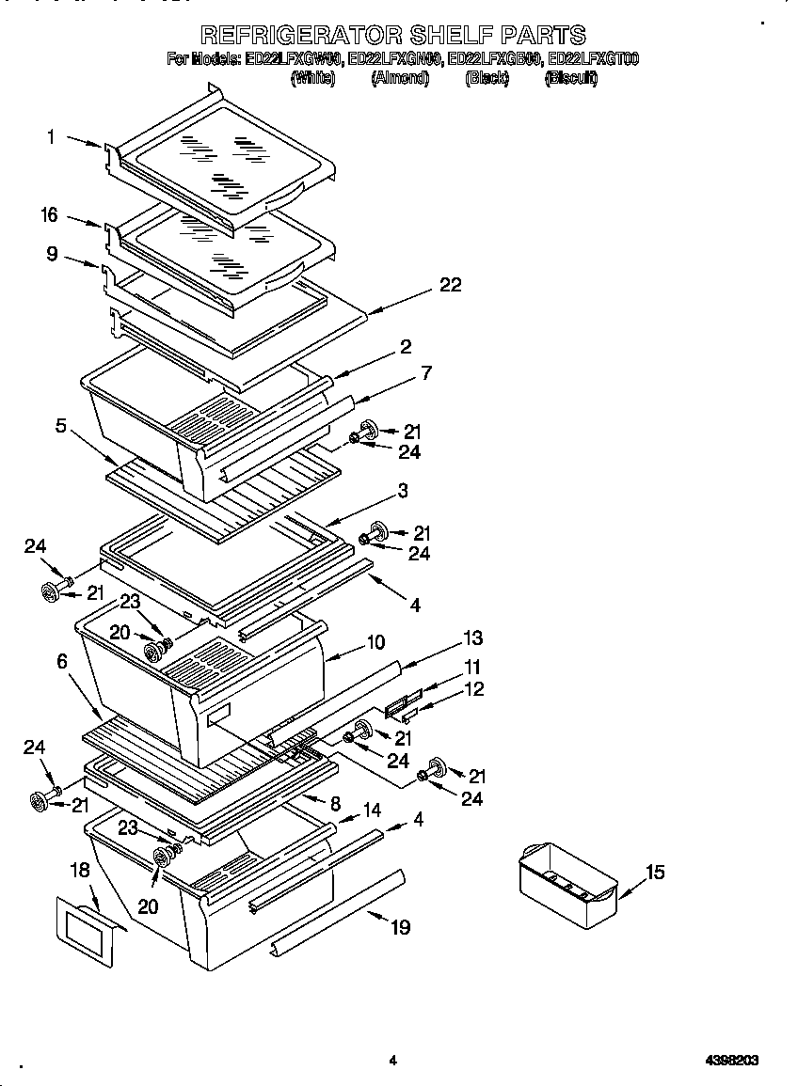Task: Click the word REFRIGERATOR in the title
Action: click(x=299, y=36)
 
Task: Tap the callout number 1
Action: click(x=52, y=137)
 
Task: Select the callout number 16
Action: click(x=49, y=215)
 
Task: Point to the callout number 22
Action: click(x=451, y=285)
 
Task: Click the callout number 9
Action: click(x=52, y=253)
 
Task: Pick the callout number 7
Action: click(x=426, y=373)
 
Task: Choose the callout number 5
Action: click(x=61, y=426)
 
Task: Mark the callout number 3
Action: click(x=402, y=491)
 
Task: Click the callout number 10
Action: click(x=375, y=643)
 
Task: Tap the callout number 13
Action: click(x=472, y=638)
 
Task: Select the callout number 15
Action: click(x=655, y=873)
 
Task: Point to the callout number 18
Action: click(x=80, y=870)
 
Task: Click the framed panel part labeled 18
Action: click(x=86, y=931)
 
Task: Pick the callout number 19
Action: click(x=400, y=928)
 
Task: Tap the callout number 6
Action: click(x=62, y=661)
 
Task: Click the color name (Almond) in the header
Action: click(x=400, y=79)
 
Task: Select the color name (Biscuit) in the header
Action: click(x=571, y=79)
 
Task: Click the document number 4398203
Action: click(x=732, y=1060)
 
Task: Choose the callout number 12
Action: click(x=474, y=689)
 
